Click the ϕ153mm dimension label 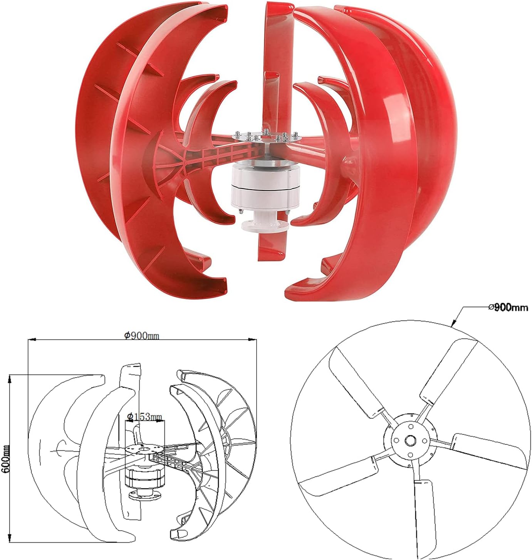[144, 417]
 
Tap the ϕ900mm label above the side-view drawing [142, 336]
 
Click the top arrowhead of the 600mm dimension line [10, 377]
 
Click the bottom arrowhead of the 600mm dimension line [10, 540]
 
